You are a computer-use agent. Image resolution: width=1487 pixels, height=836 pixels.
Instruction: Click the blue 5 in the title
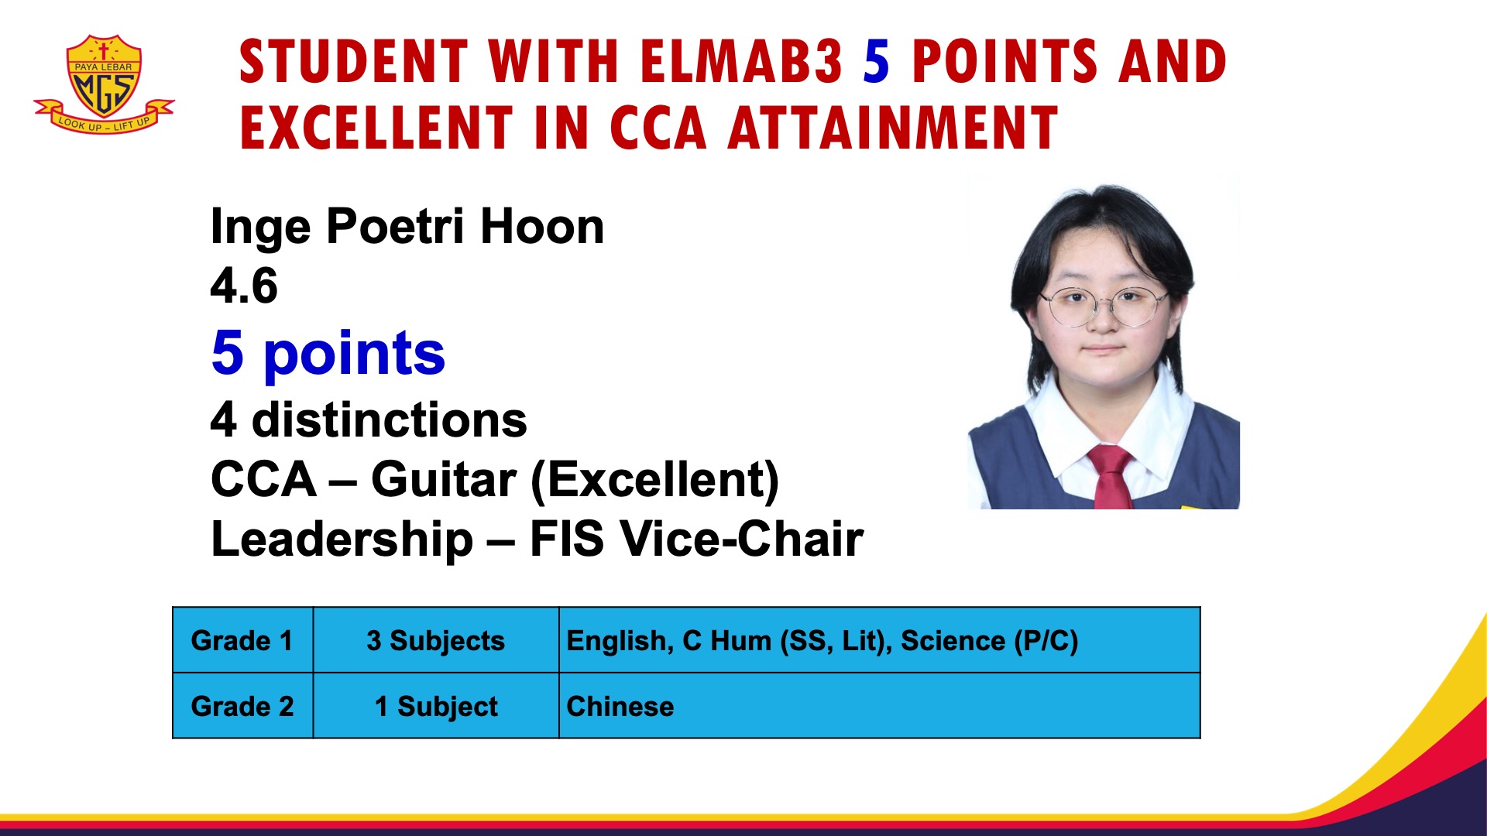point(876,62)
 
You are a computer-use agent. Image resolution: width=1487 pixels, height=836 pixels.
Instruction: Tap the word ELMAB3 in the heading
point(741,62)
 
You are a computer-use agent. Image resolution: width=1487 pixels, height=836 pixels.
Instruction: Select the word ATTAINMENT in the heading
point(892,128)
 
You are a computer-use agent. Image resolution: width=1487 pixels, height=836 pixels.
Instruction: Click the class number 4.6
point(244,286)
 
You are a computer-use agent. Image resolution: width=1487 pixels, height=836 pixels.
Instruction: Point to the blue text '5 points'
point(328,353)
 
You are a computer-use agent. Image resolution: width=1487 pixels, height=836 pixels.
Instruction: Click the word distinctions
point(389,420)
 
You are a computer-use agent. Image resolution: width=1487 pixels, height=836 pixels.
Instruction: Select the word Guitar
point(443,480)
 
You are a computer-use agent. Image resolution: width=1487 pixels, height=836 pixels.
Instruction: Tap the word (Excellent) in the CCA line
point(654,480)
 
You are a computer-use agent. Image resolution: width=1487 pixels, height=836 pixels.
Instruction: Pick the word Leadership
point(342,539)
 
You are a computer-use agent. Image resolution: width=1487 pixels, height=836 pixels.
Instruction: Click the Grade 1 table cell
point(242,640)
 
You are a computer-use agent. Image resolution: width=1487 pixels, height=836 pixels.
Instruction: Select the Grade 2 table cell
point(242,706)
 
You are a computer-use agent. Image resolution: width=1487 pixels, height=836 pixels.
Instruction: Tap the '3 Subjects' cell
point(435,640)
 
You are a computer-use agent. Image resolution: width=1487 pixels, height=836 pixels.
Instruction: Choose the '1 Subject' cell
point(435,706)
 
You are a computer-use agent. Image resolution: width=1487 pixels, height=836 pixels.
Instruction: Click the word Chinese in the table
point(620,706)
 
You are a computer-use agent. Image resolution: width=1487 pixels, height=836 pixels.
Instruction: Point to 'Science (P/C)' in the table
point(989,640)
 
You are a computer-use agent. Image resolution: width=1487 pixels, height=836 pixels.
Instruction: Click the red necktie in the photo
point(1111,476)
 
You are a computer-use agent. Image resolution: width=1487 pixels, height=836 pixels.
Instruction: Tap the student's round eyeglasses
point(1106,306)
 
